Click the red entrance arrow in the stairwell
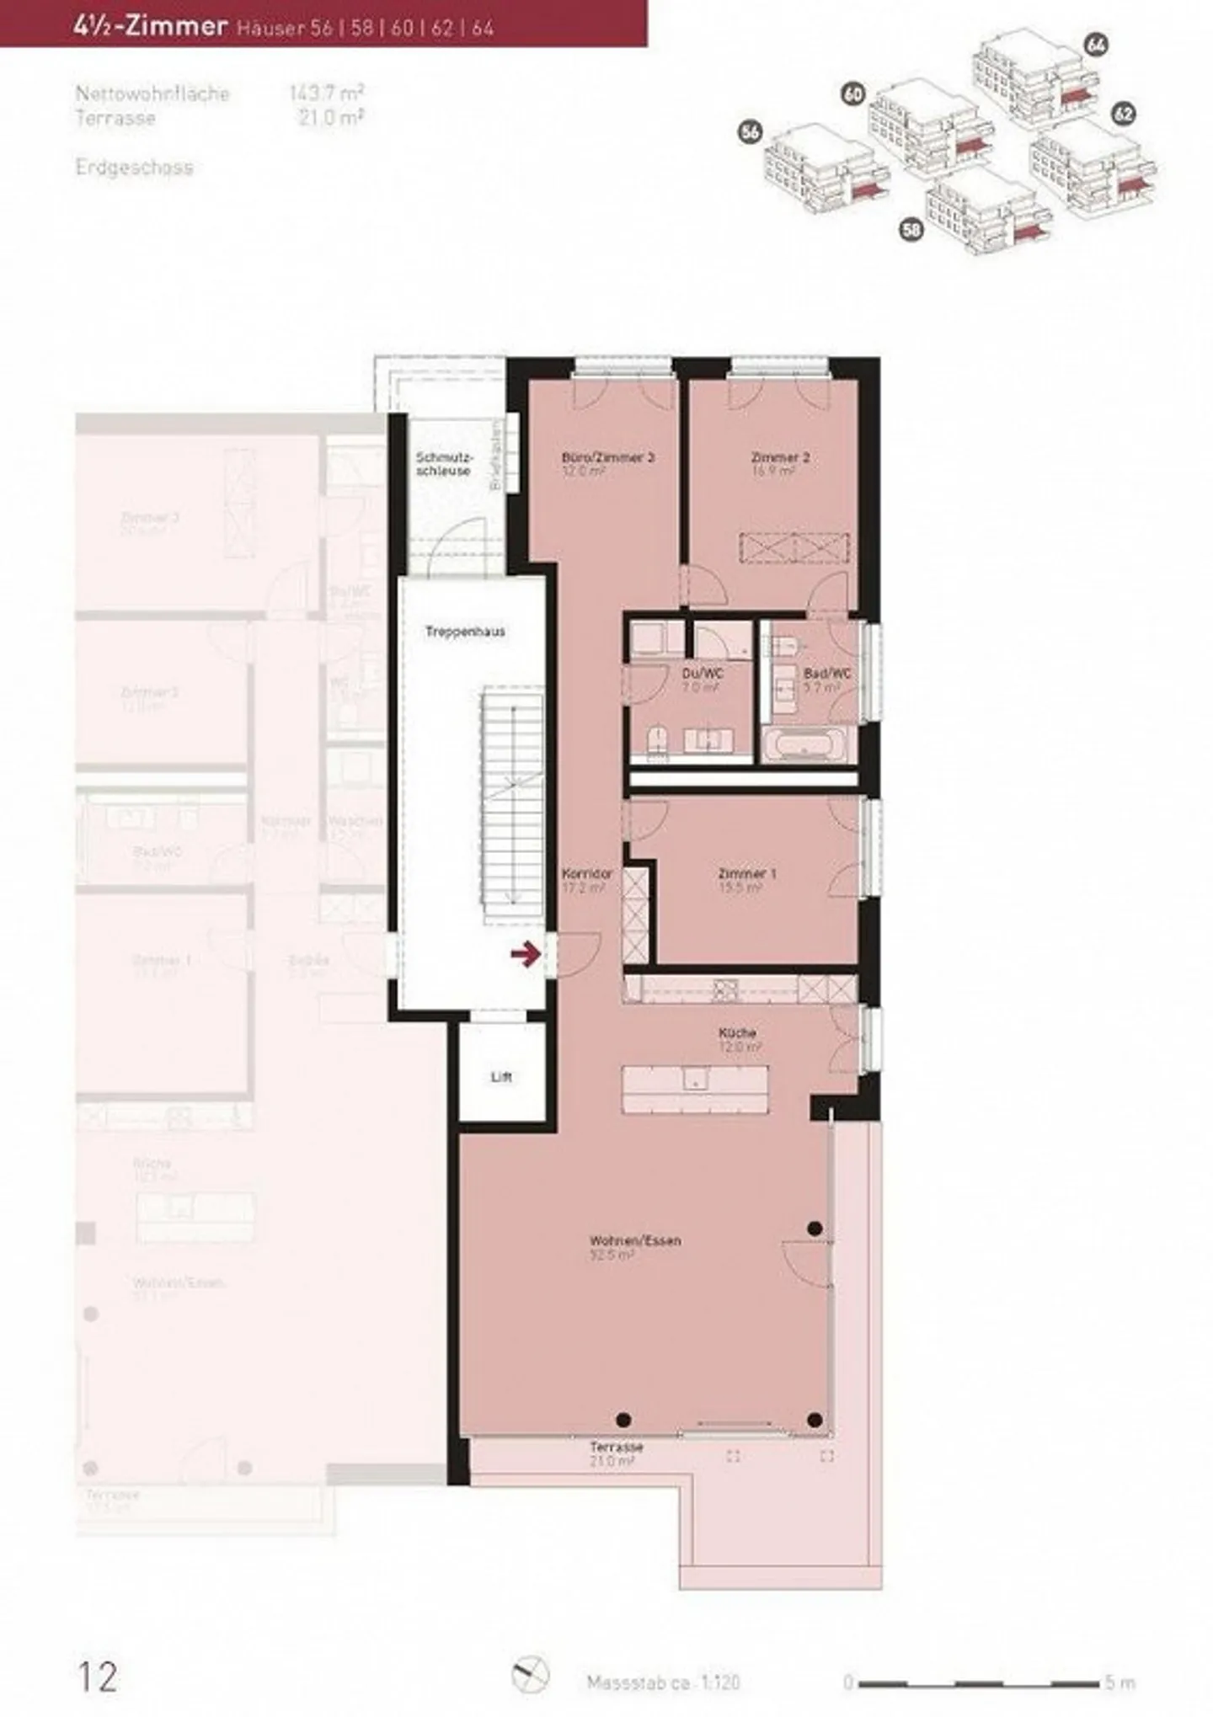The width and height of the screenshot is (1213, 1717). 526,954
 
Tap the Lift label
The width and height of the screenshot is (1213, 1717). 501,1077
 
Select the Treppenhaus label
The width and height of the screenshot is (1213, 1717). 465,632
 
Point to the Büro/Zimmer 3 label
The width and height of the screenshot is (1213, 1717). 607,458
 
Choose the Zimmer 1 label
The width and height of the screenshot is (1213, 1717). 747,874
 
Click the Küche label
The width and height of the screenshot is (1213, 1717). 737,1032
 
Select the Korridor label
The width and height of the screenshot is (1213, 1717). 587,874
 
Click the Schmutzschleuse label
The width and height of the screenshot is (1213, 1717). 444,464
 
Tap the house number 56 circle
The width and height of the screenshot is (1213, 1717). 750,131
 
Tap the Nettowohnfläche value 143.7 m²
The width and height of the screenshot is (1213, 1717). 327,93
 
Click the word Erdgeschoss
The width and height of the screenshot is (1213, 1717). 134,168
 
